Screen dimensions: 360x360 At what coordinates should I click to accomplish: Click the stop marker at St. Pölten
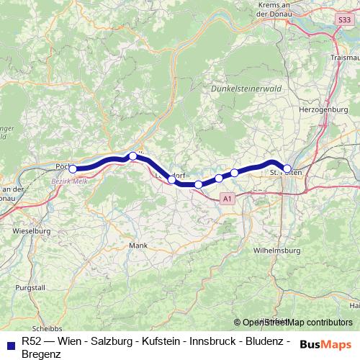pyautogui.click(x=287, y=169)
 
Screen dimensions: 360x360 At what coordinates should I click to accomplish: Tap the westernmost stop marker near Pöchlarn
pyautogui.click(x=73, y=169)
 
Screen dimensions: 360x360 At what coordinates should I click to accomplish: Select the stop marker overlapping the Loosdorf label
pyautogui.click(x=171, y=179)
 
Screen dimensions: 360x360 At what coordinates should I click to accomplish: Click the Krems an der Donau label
pyautogui.click(x=277, y=8)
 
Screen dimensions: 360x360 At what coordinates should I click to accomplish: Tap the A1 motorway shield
pyautogui.click(x=228, y=198)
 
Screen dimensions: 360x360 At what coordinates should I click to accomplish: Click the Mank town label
pyautogui.click(x=137, y=246)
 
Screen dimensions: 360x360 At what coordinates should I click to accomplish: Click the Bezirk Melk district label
pyautogui.click(x=69, y=181)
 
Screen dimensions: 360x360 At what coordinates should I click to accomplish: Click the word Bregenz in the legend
pyautogui.click(x=42, y=354)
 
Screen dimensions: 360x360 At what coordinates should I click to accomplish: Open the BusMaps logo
pyautogui.click(x=325, y=344)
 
